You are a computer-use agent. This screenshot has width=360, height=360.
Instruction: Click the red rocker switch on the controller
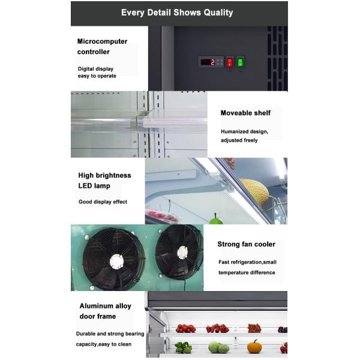229,62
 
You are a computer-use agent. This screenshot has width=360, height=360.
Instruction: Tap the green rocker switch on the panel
241,62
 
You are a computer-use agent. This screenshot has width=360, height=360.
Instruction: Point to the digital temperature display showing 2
208,62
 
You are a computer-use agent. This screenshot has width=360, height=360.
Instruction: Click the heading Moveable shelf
245,113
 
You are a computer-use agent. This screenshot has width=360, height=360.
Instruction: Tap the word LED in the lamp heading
85,186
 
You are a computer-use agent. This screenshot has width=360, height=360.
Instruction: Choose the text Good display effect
103,202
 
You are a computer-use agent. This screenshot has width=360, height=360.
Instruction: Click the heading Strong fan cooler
246,244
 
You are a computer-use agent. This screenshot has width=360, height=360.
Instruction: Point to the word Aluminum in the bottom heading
97,306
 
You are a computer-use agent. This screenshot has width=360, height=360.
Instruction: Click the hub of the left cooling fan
116,260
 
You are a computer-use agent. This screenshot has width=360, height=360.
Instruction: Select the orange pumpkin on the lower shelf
254,347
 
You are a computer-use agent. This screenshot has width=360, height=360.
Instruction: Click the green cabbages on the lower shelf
218,347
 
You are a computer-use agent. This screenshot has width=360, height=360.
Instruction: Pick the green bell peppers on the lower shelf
183,347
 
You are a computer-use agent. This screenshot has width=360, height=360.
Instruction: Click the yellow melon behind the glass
254,191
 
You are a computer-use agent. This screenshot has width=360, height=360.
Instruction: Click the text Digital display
95,69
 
